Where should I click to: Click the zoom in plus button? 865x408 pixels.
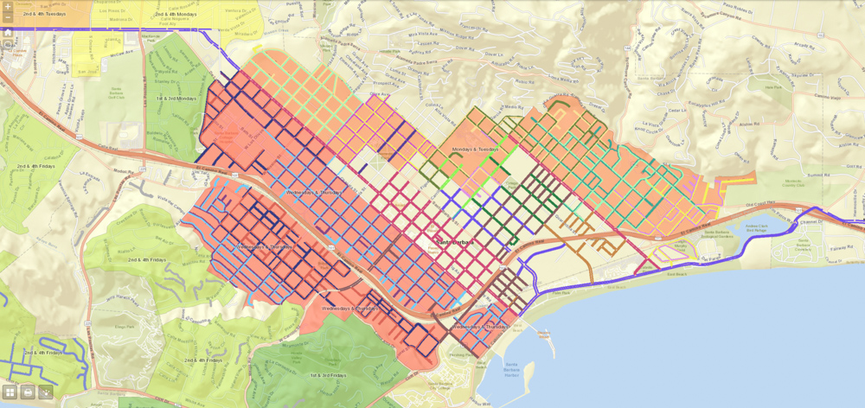pos(8,7)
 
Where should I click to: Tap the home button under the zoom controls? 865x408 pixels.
pos(8,32)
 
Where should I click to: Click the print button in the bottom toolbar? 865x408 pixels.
pos(28,392)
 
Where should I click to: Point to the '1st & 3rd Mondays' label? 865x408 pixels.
pos(176,99)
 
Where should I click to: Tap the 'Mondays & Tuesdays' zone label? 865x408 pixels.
pos(475,149)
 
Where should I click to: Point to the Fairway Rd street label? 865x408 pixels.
pos(832,245)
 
